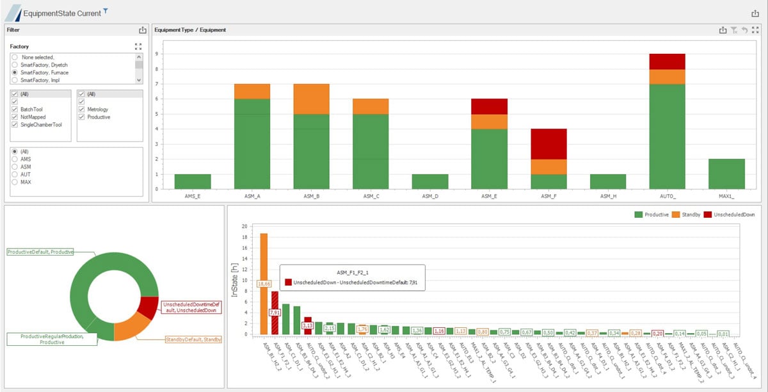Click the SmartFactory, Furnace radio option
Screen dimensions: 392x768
click(x=15, y=73)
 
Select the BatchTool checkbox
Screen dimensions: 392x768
click(x=15, y=110)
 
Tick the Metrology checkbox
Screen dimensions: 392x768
click(x=81, y=110)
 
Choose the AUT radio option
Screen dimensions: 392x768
click(x=15, y=174)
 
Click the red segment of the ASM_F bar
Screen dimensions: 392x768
click(x=549, y=144)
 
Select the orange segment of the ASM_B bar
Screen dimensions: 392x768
click(x=311, y=99)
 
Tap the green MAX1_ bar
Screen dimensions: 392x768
click(x=726, y=174)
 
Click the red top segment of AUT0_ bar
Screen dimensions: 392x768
click(x=667, y=61)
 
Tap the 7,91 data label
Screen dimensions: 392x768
click(x=275, y=313)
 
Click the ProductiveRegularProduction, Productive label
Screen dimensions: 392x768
click(x=52, y=339)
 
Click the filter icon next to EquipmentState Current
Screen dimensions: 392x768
click(x=106, y=11)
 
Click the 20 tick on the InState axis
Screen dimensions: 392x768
click(x=244, y=226)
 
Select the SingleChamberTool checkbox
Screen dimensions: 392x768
click(x=15, y=125)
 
